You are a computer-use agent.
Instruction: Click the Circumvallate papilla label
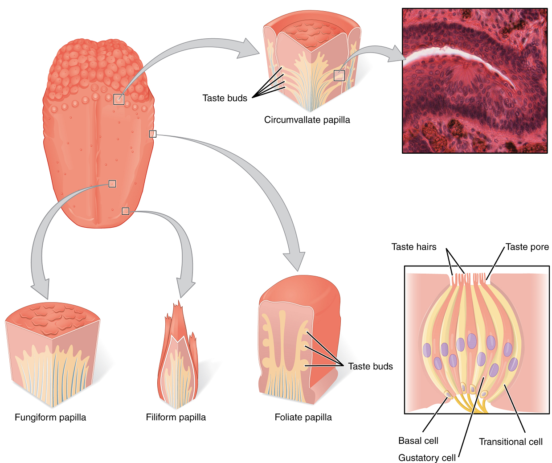coord(307,120)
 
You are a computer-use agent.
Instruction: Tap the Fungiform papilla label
coord(50,418)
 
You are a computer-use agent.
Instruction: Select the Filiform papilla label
coord(176,418)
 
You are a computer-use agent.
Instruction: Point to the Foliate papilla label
coord(303,418)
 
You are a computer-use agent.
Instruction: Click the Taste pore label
coord(527,247)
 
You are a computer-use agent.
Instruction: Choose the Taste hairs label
coord(414,247)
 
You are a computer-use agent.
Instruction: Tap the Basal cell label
coord(418,441)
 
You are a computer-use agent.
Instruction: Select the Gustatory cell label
coord(427,458)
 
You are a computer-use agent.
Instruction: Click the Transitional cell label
coord(511,442)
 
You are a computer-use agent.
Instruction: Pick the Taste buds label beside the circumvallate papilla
coord(225,98)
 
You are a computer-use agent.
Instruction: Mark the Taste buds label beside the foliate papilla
coord(370,366)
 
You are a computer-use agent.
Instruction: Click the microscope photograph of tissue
coord(474,81)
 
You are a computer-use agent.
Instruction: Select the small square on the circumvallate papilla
coord(339,75)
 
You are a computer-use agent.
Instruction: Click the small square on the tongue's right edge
coord(152,134)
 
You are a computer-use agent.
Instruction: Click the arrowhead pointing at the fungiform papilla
coord(41,288)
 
